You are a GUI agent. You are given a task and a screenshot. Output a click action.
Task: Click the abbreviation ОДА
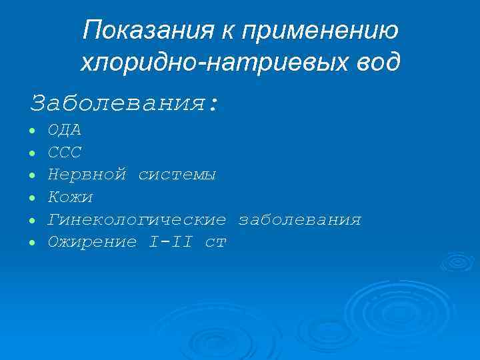click(65, 130)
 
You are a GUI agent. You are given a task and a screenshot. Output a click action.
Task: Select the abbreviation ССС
click(65, 153)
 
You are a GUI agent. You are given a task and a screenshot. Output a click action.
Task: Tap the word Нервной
click(87, 175)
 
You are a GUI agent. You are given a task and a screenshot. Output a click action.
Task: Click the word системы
click(177, 175)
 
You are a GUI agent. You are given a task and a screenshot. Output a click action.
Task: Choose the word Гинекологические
click(137, 219)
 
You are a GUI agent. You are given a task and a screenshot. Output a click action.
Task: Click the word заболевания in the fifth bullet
click(300, 219)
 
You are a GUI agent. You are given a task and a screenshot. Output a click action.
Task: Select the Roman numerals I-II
click(171, 242)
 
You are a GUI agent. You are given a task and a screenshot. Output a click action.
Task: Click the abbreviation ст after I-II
click(216, 242)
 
